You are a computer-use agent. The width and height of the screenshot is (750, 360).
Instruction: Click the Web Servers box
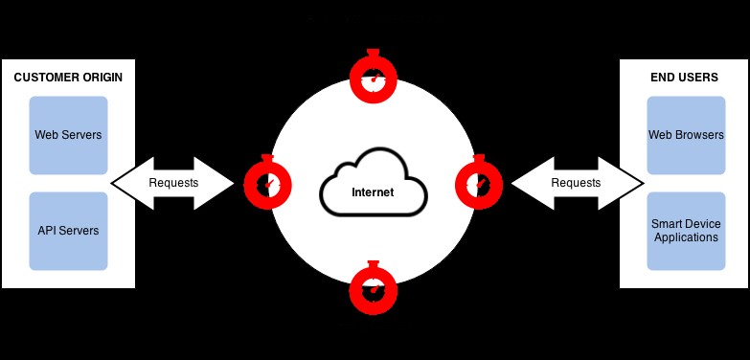[x=68, y=135]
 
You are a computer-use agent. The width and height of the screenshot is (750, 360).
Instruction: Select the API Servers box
[x=68, y=231]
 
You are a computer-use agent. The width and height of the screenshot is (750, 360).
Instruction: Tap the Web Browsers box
[x=686, y=135]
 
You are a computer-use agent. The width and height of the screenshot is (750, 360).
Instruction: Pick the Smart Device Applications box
[x=686, y=231]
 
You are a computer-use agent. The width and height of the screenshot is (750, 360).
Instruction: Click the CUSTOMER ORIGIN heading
[x=68, y=78]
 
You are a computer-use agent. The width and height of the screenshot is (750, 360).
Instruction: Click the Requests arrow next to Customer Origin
[x=173, y=182]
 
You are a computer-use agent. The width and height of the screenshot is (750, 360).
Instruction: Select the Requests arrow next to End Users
[x=576, y=182]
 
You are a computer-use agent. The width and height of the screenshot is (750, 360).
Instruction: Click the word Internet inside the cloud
[x=373, y=192]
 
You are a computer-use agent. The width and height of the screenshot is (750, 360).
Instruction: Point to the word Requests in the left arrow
[x=173, y=183]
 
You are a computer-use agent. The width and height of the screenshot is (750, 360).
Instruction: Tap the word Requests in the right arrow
[x=576, y=183]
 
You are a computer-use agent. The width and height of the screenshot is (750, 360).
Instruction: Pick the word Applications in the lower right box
[x=686, y=237]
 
